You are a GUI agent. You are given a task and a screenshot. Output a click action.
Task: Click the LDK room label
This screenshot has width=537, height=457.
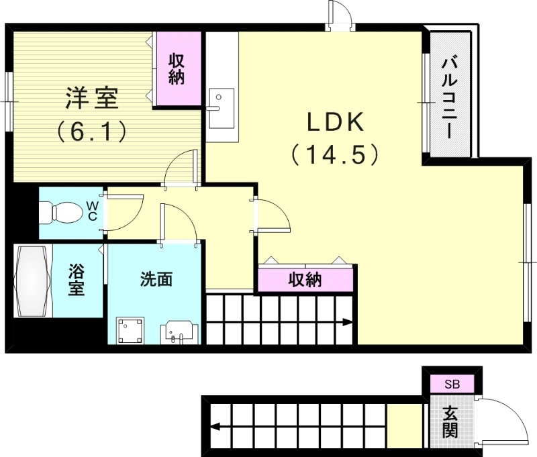click(x=335, y=122)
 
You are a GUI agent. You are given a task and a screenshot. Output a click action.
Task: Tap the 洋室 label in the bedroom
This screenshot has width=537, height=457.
click(x=92, y=99)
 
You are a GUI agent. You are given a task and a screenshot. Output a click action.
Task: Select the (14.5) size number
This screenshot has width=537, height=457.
click(x=335, y=155)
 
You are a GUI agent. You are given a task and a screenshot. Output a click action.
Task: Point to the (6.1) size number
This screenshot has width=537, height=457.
click(x=92, y=131)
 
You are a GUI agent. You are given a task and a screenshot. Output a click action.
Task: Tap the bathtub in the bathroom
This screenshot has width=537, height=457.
click(x=32, y=281)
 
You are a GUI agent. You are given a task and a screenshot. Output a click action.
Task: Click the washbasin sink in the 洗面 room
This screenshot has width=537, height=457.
click(x=179, y=332)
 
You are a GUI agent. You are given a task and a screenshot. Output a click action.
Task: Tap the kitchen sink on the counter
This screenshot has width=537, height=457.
click(x=220, y=107)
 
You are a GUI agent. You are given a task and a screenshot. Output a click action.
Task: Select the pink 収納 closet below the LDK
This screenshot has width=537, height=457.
click(x=305, y=279)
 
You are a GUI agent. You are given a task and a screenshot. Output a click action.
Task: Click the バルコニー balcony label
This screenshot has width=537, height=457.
click(x=449, y=99)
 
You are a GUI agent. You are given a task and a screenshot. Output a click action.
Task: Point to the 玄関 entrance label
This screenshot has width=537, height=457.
click(x=450, y=422)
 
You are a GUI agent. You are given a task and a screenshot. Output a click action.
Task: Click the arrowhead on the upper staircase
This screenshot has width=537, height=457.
click(x=348, y=323)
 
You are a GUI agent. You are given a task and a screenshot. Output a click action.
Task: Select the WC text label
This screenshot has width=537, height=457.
click(x=93, y=211)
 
